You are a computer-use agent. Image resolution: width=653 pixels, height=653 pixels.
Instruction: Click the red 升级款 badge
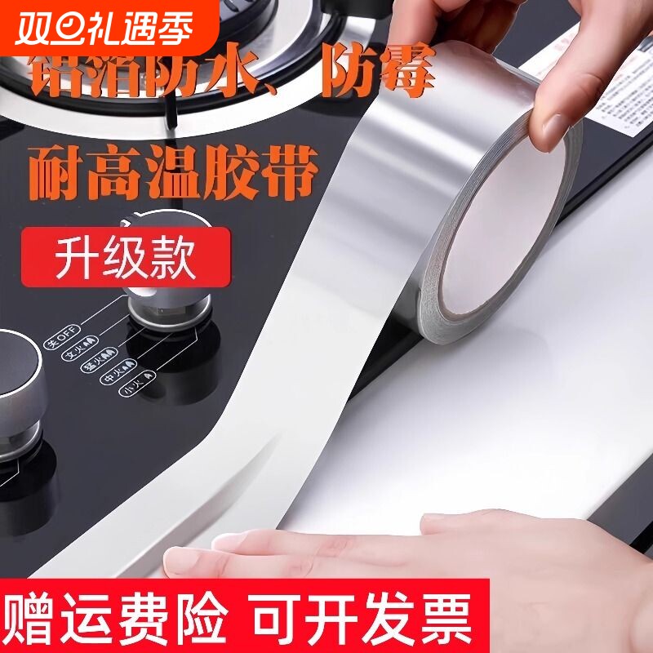[x=127, y=258]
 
